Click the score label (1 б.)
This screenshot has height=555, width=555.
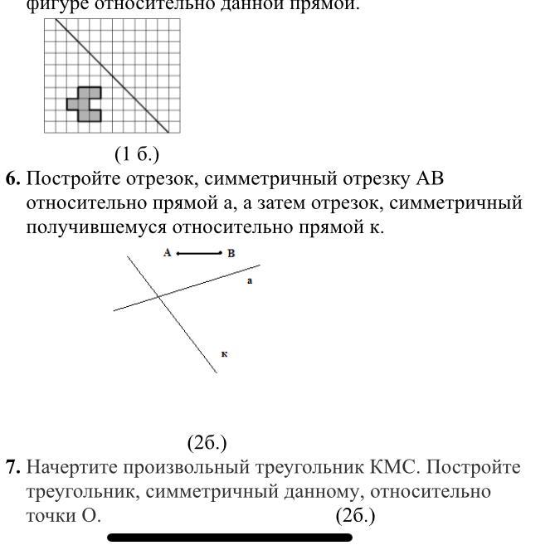click(x=137, y=154)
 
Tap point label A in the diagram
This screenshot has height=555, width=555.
click(x=168, y=253)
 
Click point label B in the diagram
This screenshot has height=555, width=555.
click(x=231, y=253)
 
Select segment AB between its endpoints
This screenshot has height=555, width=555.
click(x=199, y=253)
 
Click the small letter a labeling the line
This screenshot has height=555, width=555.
click(x=250, y=281)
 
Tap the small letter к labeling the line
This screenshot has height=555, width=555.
click(x=225, y=354)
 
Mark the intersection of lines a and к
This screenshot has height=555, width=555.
click(x=158, y=295)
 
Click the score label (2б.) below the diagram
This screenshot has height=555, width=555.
click(x=207, y=444)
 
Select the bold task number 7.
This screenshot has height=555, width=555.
click(x=12, y=468)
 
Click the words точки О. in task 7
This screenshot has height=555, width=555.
click(x=63, y=515)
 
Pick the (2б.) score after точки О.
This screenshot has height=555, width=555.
click(x=355, y=515)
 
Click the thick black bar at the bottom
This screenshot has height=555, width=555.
click(x=230, y=538)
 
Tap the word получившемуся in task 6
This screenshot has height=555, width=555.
click(x=106, y=226)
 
